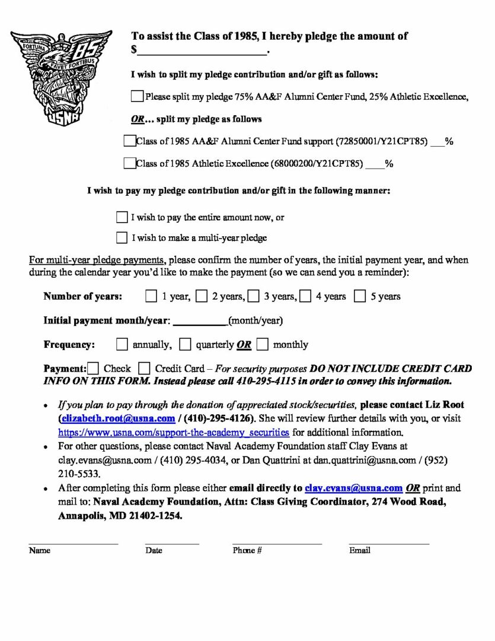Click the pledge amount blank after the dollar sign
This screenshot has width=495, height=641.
(202, 50)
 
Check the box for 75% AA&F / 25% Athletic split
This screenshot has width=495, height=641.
(137, 96)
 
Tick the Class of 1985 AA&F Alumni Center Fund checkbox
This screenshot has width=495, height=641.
(129, 141)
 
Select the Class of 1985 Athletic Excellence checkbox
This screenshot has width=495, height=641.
(129, 163)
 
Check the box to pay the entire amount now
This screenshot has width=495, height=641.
(122, 217)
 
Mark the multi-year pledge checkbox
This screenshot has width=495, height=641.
(122, 238)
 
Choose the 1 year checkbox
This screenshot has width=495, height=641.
(151, 296)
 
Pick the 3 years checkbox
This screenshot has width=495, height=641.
(254, 296)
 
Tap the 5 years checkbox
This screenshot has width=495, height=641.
(360, 296)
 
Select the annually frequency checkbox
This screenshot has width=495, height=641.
(122, 344)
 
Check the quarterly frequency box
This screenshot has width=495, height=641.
(186, 344)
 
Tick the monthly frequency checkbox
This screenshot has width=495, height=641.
(263, 344)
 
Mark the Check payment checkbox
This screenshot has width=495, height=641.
(93, 369)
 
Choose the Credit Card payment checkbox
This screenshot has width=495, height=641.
(144, 369)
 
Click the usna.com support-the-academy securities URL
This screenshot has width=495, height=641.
(174, 432)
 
